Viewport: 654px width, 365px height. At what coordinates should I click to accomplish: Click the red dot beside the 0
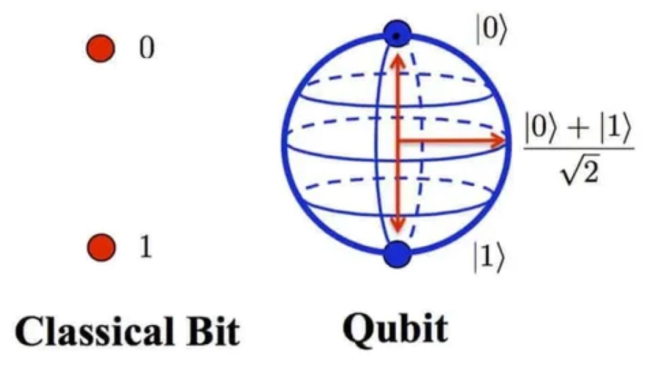click(x=101, y=48)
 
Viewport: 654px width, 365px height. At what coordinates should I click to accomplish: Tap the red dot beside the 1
click(x=101, y=247)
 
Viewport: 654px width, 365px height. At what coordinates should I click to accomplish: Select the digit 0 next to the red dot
click(x=147, y=48)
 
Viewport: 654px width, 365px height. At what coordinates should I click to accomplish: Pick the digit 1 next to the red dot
click(x=146, y=247)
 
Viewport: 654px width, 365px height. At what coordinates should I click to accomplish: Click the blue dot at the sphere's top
click(x=397, y=34)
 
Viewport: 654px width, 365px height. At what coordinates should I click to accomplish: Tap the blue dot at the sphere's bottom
click(x=397, y=254)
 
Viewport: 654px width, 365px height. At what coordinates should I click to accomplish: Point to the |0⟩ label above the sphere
click(x=492, y=29)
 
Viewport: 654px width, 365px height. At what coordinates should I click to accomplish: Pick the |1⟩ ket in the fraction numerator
click(x=615, y=129)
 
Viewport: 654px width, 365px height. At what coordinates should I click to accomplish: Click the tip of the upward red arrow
click(x=398, y=53)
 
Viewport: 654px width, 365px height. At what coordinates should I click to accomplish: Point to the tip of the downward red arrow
click(x=398, y=233)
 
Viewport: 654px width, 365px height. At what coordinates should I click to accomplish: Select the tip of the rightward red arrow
click(x=506, y=141)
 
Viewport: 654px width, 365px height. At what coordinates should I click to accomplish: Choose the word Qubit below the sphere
click(x=395, y=330)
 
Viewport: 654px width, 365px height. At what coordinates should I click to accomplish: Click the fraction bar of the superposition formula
click(x=578, y=149)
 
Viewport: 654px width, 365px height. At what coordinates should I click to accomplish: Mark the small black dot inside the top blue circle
click(x=396, y=36)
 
